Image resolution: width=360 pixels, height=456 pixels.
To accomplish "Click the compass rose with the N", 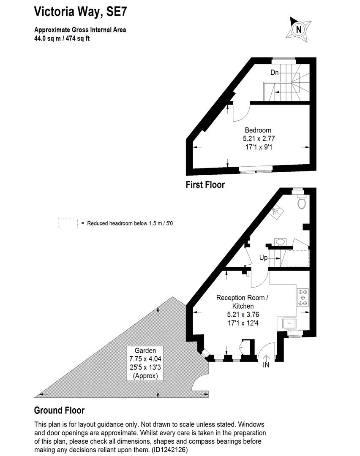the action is (298, 30).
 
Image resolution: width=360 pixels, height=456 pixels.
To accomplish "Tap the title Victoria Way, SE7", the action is (81, 12).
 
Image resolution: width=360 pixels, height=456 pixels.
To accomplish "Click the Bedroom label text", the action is (258, 130).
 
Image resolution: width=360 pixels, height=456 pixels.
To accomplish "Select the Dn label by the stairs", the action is (275, 72).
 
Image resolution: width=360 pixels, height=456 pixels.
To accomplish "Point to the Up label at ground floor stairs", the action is (263, 258).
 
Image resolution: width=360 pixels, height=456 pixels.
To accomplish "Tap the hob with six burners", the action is (303, 298).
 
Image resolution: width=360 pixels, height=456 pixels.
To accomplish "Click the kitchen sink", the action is (289, 323).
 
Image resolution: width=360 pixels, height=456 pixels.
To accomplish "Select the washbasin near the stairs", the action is (280, 242).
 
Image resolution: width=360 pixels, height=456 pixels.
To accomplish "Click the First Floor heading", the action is (205, 185).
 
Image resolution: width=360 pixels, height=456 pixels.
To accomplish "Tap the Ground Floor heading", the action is (60, 410).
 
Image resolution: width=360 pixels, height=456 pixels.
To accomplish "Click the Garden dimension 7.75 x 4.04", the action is (145, 359).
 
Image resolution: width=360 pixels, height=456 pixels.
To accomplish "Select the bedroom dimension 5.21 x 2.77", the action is (259, 138).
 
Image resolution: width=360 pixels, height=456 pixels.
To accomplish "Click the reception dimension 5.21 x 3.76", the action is (243, 315).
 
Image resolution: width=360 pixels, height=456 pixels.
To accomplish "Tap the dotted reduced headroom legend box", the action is (68, 223).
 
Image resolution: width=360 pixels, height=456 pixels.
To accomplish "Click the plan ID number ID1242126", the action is (169, 450).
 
